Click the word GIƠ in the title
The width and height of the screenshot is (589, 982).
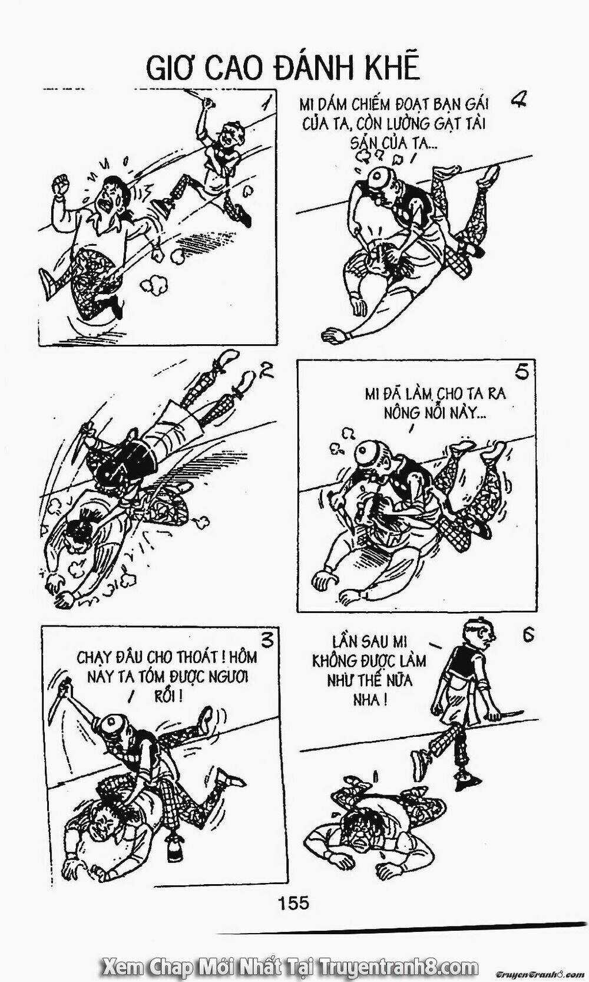point(169,70)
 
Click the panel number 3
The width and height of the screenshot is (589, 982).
point(266,640)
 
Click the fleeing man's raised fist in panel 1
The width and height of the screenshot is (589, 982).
point(60,184)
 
